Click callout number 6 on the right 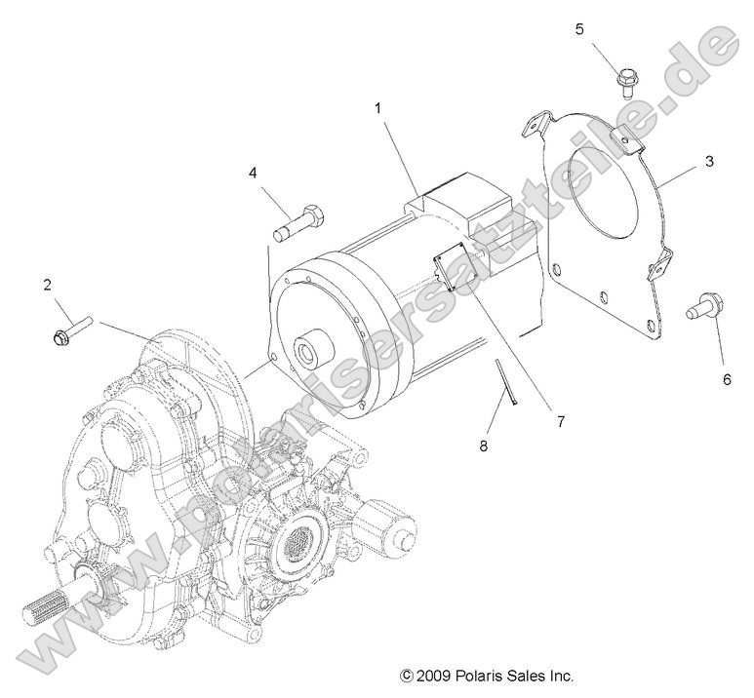click(x=726, y=380)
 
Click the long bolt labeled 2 click(x=71, y=329)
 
